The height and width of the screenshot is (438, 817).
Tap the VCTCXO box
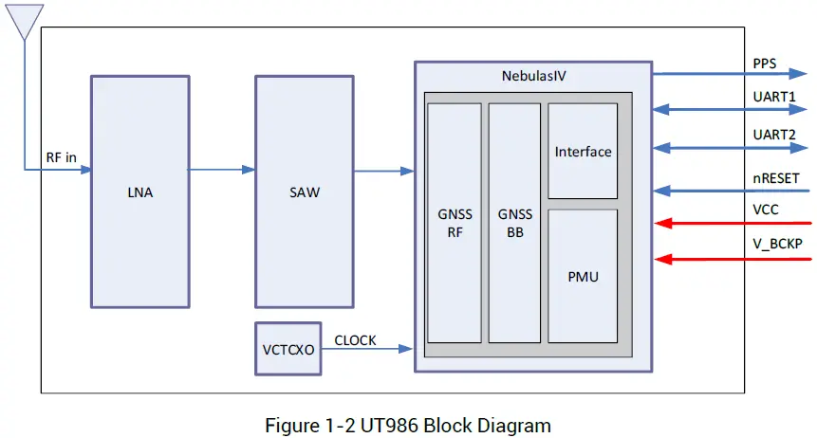pos(288,349)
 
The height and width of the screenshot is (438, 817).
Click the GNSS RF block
pos(454,222)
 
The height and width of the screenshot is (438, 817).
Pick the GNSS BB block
pos(514,222)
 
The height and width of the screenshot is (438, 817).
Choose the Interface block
pos(583,152)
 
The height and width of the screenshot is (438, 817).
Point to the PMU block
pos(583,277)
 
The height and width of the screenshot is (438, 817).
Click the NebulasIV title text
pos(532,75)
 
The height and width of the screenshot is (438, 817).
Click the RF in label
pos(62,157)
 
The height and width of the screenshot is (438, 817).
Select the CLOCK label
pos(355,339)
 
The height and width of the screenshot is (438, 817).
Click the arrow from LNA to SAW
pos(222,170)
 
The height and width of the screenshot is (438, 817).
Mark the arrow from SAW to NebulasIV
pos(365,171)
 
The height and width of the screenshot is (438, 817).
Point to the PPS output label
pos(764,64)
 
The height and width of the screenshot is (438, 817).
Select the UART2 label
pos(775,135)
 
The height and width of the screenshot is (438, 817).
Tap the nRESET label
pos(775,177)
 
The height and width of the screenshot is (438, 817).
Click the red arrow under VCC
pos(731,224)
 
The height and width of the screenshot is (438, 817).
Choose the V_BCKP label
pos(777,244)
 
